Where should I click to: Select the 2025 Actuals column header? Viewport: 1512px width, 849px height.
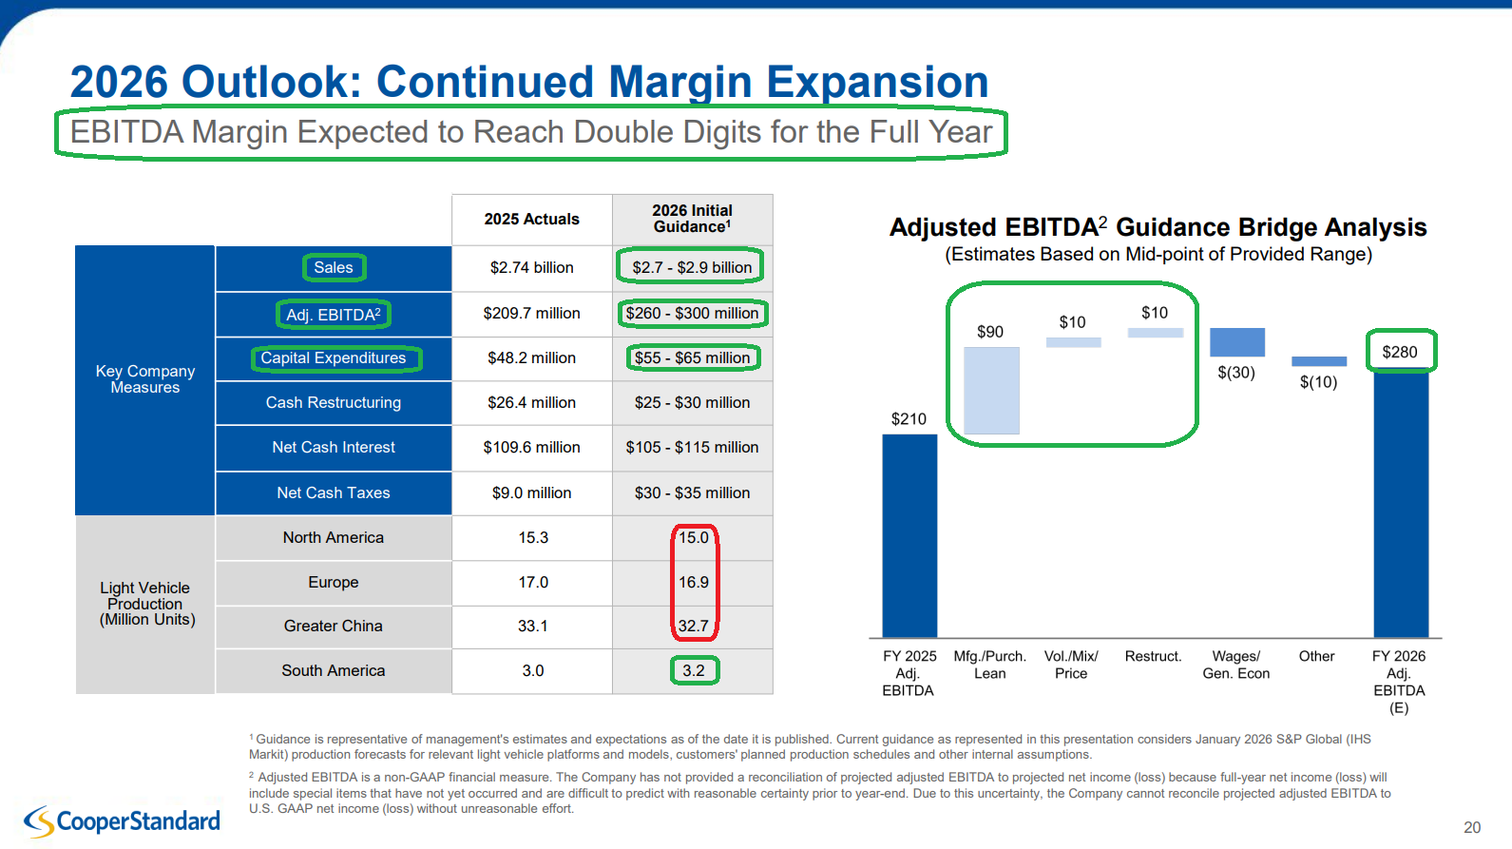[x=531, y=220]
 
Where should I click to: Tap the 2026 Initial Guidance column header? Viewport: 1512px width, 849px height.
[x=692, y=219]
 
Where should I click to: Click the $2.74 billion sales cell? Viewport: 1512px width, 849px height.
[x=531, y=268]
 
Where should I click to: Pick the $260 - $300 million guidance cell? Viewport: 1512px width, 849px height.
[x=692, y=314]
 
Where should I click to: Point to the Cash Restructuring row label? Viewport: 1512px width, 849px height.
[x=333, y=403]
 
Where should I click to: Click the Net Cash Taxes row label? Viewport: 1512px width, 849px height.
[x=333, y=492]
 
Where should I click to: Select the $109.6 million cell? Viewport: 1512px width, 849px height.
[x=531, y=448]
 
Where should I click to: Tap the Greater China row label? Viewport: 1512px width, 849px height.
[x=333, y=627]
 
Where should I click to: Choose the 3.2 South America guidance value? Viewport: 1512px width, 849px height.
[x=694, y=671]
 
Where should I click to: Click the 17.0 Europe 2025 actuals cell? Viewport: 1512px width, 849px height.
[x=533, y=583]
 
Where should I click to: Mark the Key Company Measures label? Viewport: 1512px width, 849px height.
[x=144, y=379]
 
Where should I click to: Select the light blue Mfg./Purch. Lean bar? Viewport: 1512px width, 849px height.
[x=991, y=390]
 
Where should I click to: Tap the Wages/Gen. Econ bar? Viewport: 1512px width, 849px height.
[x=1236, y=342]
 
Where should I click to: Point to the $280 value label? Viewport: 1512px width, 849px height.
[x=1400, y=353]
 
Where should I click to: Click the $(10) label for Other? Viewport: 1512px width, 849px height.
[x=1318, y=382]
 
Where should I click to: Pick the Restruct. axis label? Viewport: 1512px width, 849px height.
[x=1153, y=657]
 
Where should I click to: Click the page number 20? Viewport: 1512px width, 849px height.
[x=1472, y=828]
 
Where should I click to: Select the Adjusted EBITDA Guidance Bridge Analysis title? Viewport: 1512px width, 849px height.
[x=1158, y=228]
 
